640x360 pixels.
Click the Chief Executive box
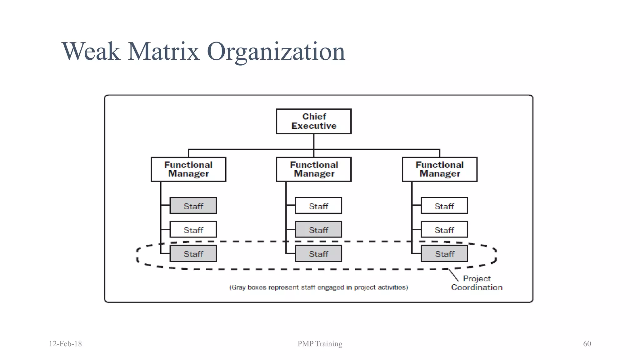click(314, 121)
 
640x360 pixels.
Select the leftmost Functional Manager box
click(188, 169)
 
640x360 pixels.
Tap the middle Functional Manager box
click(314, 169)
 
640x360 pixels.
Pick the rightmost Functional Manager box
click(440, 169)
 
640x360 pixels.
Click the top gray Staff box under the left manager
click(193, 206)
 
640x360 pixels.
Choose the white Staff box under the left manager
click(193, 230)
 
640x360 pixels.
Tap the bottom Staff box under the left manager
click(193, 253)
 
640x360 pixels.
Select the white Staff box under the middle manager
click(318, 206)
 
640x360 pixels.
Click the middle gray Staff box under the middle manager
click(318, 230)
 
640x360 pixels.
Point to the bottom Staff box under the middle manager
click(318, 253)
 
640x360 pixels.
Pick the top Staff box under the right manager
click(444, 206)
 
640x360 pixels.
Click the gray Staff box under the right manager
click(444, 253)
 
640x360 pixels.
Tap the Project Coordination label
click(477, 283)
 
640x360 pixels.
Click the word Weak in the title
click(91, 51)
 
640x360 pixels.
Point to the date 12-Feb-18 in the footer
click(65, 344)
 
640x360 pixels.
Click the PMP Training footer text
click(320, 344)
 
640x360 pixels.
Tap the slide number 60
click(587, 344)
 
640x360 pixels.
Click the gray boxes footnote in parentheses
click(318, 287)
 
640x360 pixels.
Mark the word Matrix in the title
click(163, 51)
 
